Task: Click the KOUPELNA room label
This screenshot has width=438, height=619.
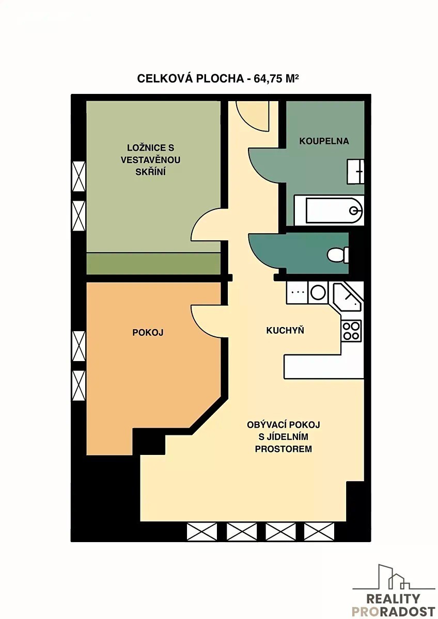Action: click(x=324, y=141)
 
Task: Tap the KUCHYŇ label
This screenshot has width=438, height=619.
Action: click(x=285, y=330)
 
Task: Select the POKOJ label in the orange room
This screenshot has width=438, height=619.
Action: click(x=148, y=332)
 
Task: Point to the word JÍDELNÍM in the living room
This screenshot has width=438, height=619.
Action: click(x=284, y=437)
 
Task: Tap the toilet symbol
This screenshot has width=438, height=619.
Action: click(x=338, y=255)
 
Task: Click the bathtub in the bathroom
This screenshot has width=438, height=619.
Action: click(x=328, y=210)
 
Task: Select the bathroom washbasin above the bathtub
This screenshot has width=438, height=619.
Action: click(x=355, y=172)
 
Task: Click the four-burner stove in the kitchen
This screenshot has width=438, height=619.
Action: click(x=351, y=331)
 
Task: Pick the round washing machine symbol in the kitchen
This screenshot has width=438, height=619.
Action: click(x=318, y=292)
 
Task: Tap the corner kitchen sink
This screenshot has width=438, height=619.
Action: click(x=347, y=297)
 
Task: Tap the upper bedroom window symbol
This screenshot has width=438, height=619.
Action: click(x=79, y=176)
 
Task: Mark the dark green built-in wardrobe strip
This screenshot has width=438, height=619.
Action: click(x=153, y=264)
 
